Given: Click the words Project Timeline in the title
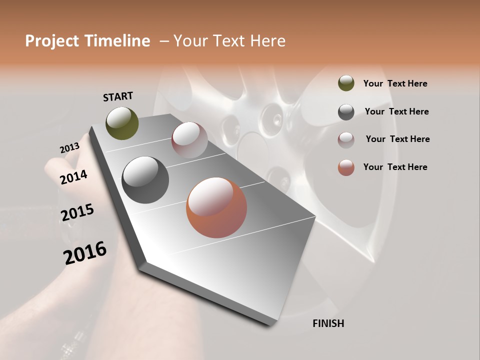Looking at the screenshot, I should [x=87, y=41].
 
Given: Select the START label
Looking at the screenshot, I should [x=118, y=96].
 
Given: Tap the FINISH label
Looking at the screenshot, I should [x=328, y=323].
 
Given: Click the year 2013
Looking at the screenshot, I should [x=69, y=148].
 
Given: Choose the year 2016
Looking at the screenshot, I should [x=85, y=253].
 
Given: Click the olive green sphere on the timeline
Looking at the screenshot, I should [x=122, y=123].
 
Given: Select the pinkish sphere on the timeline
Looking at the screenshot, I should [x=189, y=139].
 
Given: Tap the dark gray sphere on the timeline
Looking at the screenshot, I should [x=145, y=180].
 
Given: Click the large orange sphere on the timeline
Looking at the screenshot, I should [x=216, y=208].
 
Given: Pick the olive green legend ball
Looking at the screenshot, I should [x=346, y=83].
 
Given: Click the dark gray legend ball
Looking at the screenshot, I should [x=346, y=111].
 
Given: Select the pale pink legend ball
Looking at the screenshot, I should [x=346, y=139].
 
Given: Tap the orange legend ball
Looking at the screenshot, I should [x=346, y=167].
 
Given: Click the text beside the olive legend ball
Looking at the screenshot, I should [x=395, y=84].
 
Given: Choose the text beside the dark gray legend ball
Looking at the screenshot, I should [x=396, y=111].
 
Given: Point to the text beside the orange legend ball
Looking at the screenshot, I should [x=395, y=167].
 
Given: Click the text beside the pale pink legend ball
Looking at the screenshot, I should [x=397, y=139].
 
